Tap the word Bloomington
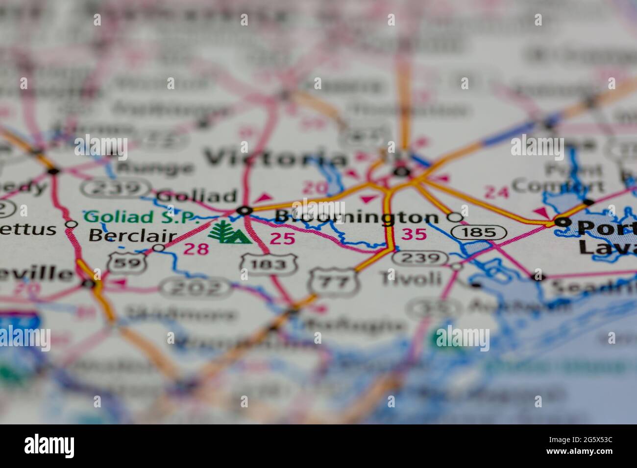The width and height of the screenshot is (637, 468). pos(357,217)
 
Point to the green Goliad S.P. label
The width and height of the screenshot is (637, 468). pos(142,216)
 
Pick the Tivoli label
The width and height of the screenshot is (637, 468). pos(411,279)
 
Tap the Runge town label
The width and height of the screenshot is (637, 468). pos(155,168)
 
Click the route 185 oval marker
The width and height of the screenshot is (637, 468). pos(478,232)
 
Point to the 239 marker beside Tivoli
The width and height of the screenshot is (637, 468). pos(420,258)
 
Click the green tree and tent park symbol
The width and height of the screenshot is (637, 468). pos(229,232)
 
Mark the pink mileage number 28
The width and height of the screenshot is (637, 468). pos(196,249)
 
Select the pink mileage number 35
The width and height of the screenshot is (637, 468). pos(414,234)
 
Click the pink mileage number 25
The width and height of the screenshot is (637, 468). pos(283,239)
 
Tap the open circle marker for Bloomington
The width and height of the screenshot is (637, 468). pos(455,216)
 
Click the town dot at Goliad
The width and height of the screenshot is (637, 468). pos(244,211)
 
